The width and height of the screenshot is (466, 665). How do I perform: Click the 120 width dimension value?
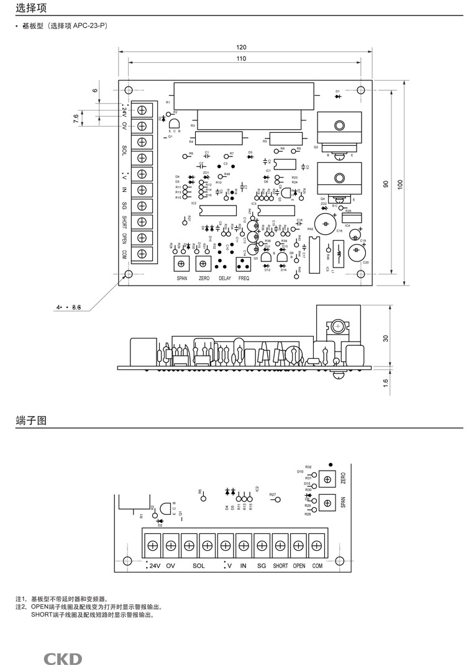coord(241,48)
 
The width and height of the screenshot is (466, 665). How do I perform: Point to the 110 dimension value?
coord(241,58)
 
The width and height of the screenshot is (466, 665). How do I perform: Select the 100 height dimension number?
coord(401,184)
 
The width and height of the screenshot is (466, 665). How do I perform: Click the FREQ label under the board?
coord(244,279)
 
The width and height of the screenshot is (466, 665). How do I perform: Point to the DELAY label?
coord(224,279)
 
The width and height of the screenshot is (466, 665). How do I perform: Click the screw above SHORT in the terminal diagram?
coord(280,546)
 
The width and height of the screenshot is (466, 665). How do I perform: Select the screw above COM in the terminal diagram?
coord(317,546)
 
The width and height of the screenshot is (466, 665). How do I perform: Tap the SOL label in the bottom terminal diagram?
coord(198,566)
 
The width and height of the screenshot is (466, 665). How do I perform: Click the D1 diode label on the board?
coord(337,91)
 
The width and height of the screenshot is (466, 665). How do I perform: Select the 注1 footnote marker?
coord(21,599)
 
